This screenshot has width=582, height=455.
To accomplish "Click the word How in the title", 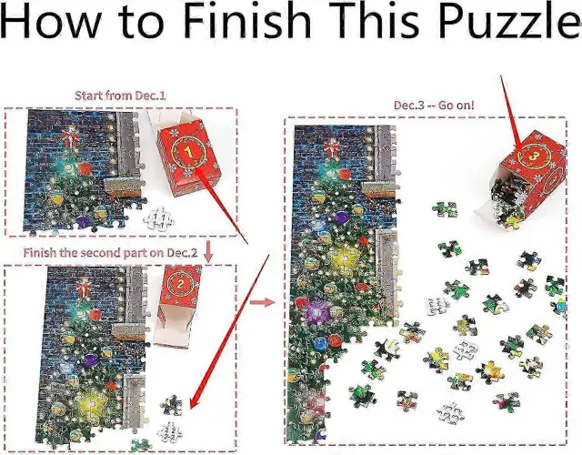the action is point(51,19).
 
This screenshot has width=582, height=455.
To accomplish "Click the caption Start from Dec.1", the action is point(120,96).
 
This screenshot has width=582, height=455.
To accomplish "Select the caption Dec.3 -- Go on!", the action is point(434,106).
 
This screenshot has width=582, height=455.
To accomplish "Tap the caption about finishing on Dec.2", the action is point(110,253).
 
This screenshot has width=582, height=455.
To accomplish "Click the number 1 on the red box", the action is point(188,151).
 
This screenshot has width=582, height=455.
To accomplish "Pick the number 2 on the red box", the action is point(181,284).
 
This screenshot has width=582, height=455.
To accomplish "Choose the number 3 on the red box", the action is point(533,157).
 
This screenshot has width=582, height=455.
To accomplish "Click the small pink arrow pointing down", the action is point(208,251).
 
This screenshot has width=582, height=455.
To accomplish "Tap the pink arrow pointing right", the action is point(262,302).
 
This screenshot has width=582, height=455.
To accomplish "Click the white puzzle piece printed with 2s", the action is point(170,432).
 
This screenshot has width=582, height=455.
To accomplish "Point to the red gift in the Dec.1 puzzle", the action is point(69,137).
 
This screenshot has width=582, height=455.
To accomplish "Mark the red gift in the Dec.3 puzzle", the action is point(331,147).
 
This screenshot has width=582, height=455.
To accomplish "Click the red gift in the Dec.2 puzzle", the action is point(83,289).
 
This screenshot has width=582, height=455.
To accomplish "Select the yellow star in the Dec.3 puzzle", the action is point(342,258).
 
